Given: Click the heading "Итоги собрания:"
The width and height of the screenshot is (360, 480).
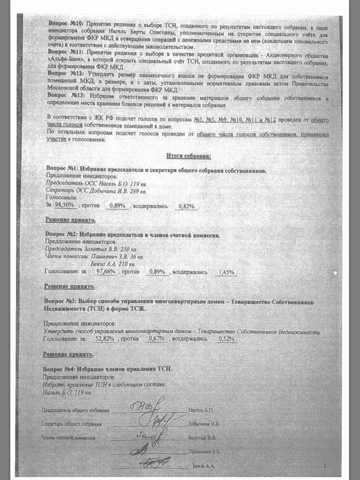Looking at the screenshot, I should (188, 155).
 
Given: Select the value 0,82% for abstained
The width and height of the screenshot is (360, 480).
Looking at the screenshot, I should (186, 206).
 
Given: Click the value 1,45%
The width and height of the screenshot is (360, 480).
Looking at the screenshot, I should (226, 272).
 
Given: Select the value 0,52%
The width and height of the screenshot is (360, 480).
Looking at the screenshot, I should (226, 340).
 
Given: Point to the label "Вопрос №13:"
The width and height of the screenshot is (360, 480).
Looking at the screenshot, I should (65, 95).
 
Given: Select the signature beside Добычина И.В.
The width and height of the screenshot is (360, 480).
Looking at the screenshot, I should (156, 420).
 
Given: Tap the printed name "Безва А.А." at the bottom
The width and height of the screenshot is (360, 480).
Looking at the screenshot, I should (204, 466).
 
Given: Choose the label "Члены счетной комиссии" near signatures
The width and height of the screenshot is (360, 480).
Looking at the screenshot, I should (68, 438).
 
